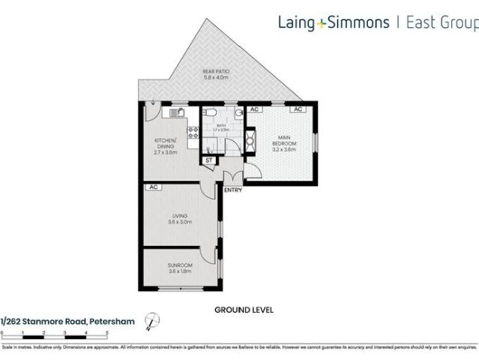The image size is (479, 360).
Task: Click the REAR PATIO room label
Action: click(216, 74)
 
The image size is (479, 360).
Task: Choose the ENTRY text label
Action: click(233, 190)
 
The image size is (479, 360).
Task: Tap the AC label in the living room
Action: click(153, 187)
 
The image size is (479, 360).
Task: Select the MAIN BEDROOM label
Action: click(284, 142)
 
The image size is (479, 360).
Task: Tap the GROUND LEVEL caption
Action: click(244, 309)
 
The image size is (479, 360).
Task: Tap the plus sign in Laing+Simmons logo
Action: click(321, 22)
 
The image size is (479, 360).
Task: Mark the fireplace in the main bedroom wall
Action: click(250, 140)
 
